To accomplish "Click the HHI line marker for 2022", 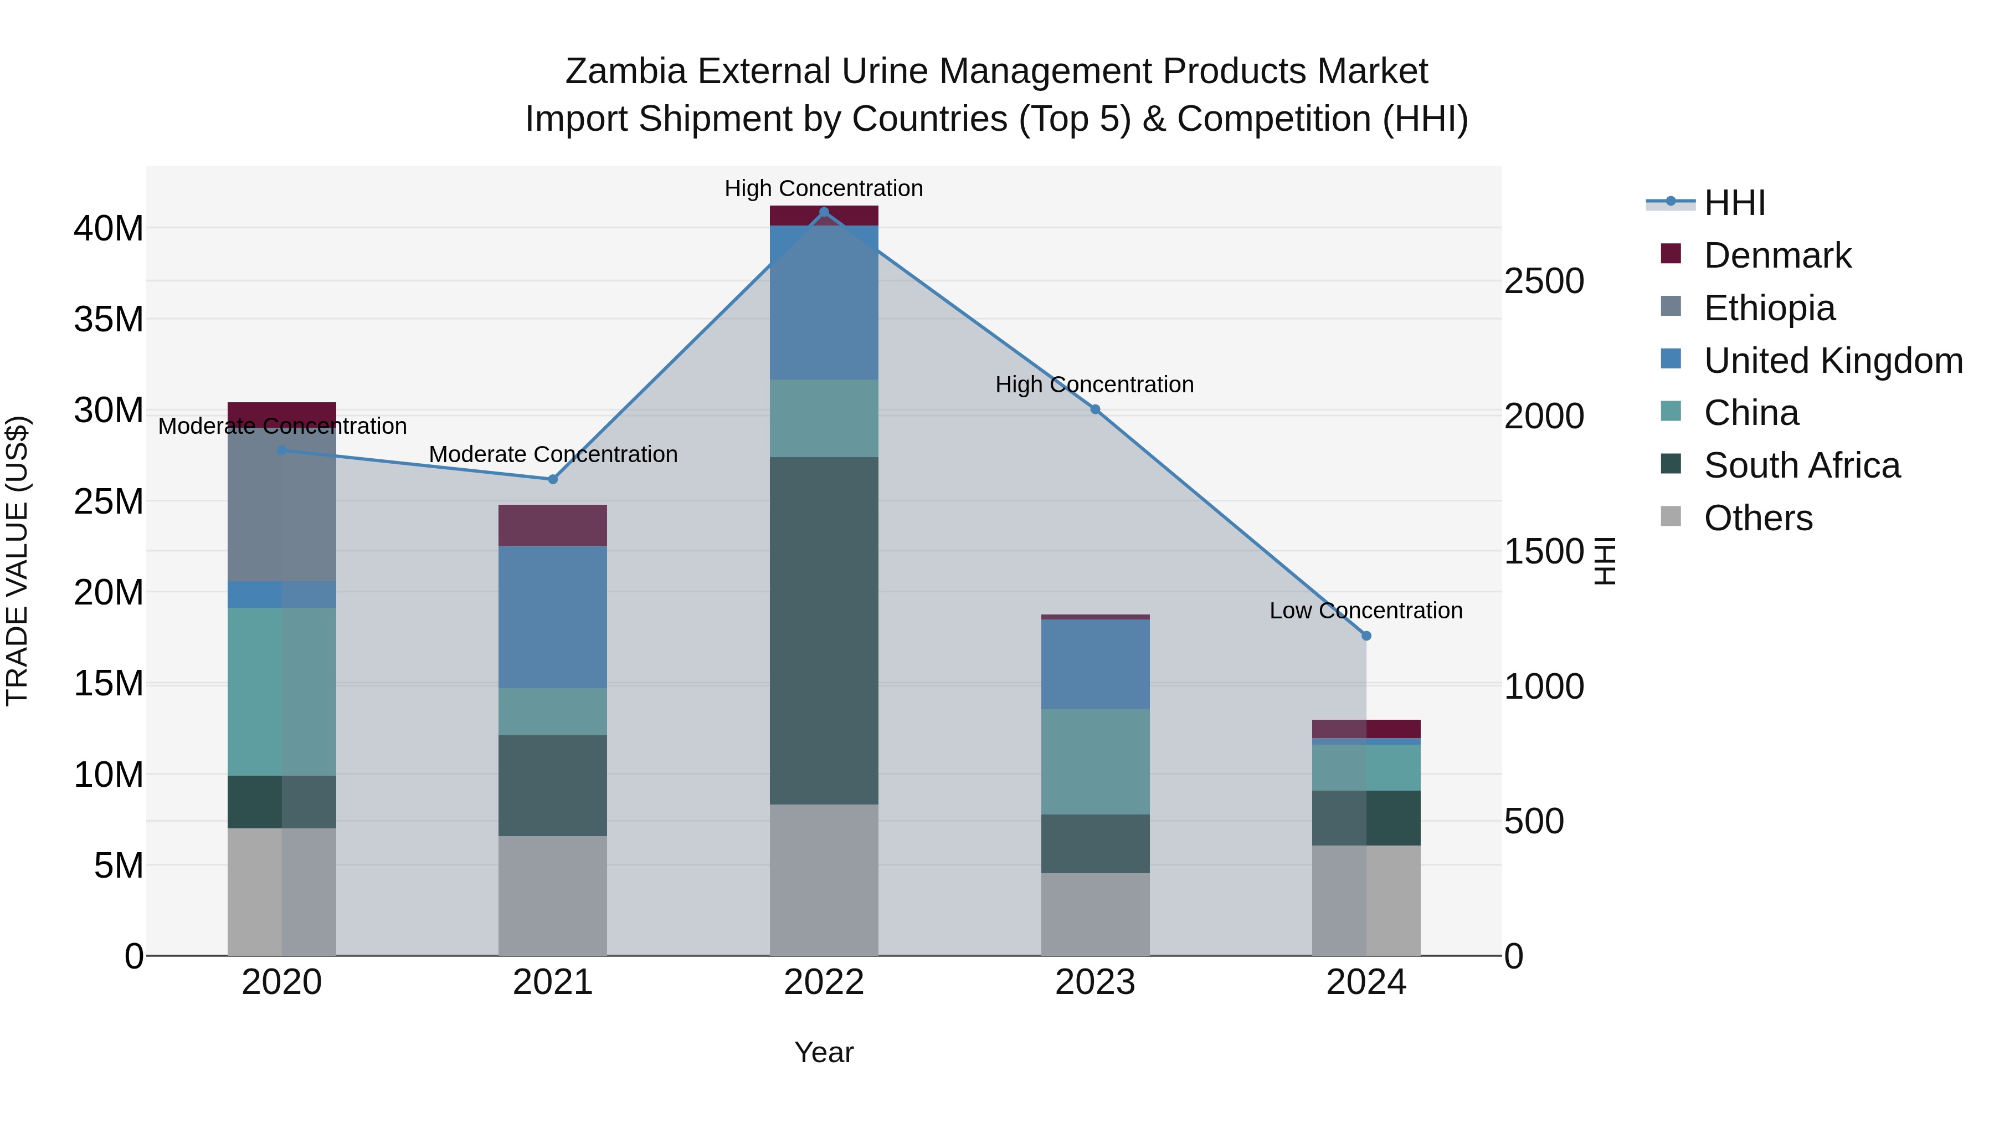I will [824, 212].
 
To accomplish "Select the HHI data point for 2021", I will [553, 479].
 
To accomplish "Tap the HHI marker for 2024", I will [1366, 636].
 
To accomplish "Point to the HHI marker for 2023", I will [1095, 409].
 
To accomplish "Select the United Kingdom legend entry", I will [1832, 361].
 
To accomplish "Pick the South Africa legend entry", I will [1801, 466].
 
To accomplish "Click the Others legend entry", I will [1758, 518].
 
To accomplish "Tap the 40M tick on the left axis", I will [109, 228].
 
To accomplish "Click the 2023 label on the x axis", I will [1095, 982].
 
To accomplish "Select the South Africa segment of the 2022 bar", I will [824, 631].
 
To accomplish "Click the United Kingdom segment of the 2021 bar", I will [553, 617].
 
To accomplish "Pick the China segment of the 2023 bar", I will [1095, 762].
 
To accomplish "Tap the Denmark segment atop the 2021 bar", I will [553, 525].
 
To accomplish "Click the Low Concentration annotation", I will [1366, 611].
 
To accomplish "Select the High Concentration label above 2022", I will [824, 189].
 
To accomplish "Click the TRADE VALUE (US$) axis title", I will [17, 561].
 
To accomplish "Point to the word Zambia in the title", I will [625, 71].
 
